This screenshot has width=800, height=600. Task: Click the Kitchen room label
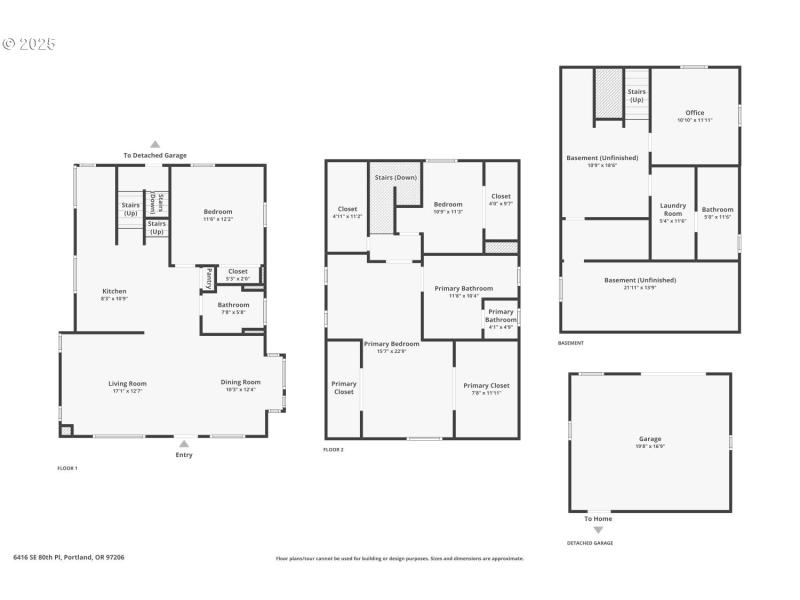click(114, 291)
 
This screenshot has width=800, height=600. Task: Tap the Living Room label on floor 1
click(128, 383)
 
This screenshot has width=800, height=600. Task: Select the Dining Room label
click(240, 382)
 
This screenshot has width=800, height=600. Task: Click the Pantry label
click(208, 277)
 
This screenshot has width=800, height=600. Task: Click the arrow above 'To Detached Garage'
click(155, 144)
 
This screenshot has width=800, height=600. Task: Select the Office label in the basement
click(695, 113)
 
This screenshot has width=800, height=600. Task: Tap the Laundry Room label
click(673, 209)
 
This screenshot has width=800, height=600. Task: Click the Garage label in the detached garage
click(650, 439)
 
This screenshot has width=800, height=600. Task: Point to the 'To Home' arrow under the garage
click(598, 530)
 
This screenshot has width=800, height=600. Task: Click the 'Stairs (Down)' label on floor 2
click(396, 177)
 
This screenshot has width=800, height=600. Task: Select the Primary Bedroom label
click(391, 344)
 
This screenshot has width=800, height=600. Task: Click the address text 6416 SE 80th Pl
click(69, 557)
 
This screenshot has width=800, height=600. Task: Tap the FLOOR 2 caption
click(333, 450)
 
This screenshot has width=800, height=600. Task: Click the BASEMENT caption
click(571, 343)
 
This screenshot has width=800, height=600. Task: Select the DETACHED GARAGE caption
click(590, 543)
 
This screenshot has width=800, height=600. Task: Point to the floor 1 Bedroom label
click(218, 211)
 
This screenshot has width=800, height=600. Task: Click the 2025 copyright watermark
click(29, 44)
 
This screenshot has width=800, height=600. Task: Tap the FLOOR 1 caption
click(67, 468)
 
